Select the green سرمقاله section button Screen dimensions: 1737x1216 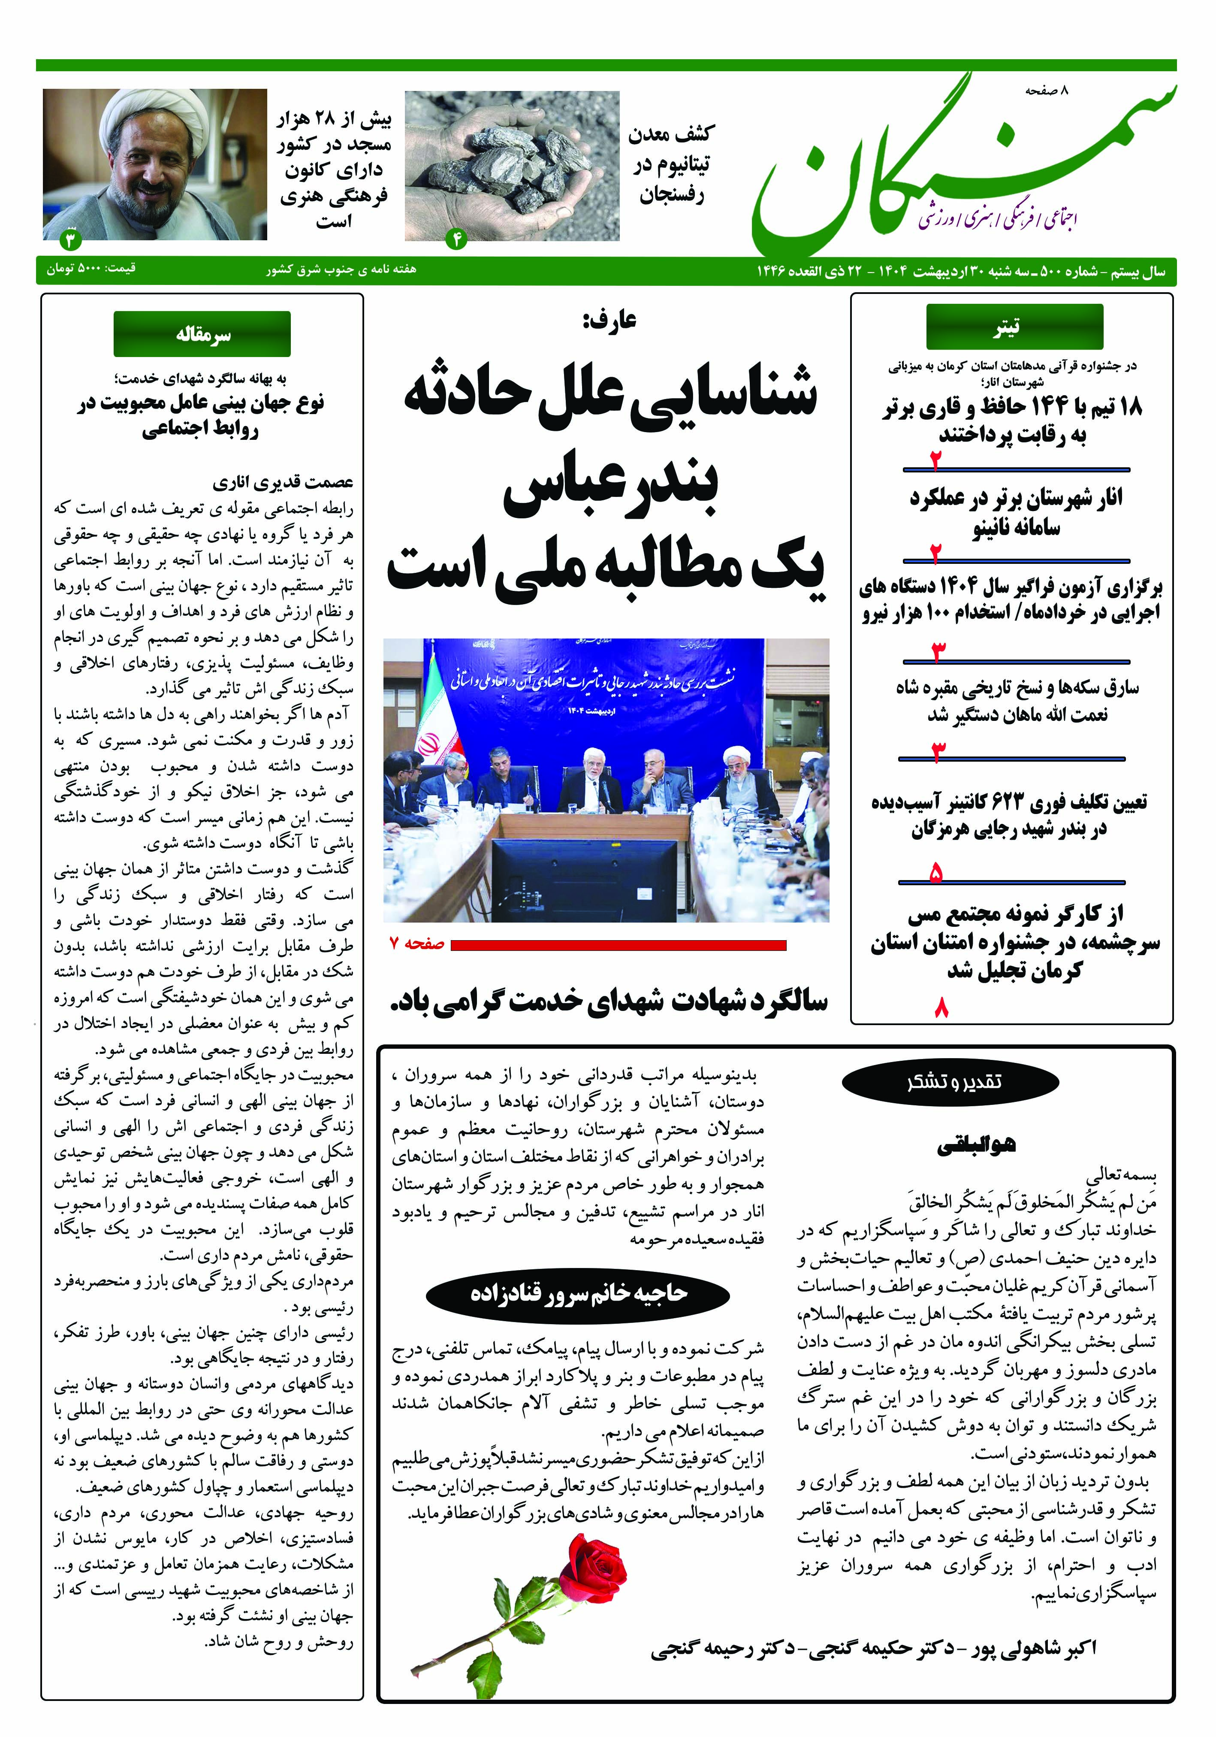pyautogui.click(x=202, y=334)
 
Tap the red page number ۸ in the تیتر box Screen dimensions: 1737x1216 pyautogui.click(x=941, y=1008)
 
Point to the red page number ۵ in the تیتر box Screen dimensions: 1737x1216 pyautogui.click(x=936, y=875)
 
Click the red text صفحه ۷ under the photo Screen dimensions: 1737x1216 pyautogui.click(x=416, y=944)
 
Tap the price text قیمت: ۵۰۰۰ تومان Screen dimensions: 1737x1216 pyautogui.click(x=91, y=269)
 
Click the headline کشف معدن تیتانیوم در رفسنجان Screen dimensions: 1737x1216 pyautogui.click(x=669, y=165)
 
